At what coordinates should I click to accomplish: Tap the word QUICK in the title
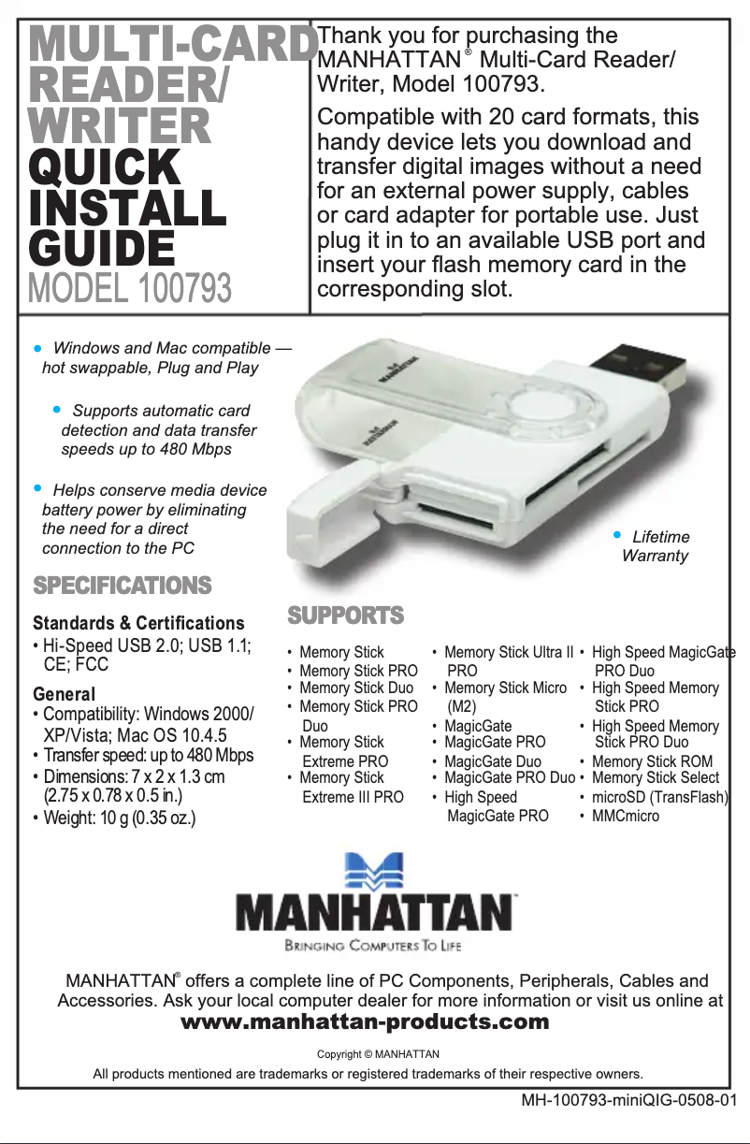click(x=104, y=168)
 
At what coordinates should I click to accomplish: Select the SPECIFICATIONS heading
click(x=123, y=586)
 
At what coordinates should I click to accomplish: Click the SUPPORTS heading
click(x=346, y=615)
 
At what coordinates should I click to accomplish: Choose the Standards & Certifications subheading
click(x=138, y=623)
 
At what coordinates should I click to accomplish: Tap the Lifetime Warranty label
click(x=656, y=546)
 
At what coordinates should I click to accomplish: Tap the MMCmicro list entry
click(x=625, y=816)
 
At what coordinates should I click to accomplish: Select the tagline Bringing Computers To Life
click(x=373, y=947)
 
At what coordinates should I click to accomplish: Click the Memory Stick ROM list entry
click(x=652, y=762)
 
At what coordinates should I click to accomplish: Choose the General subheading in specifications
click(x=64, y=695)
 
